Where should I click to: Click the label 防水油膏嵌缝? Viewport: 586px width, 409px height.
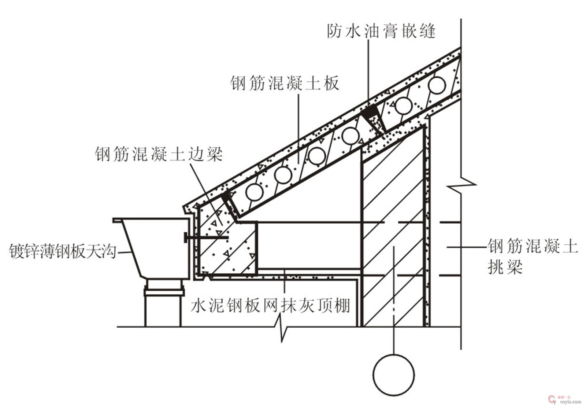381,31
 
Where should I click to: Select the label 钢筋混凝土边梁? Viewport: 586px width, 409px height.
159,154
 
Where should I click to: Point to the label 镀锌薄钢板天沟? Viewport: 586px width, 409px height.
62,251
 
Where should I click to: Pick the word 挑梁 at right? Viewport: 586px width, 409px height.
505,267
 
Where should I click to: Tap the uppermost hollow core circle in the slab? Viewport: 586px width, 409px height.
437,85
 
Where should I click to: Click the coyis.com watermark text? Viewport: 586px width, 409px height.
570,402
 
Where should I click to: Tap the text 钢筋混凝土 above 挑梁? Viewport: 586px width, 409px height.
533,246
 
